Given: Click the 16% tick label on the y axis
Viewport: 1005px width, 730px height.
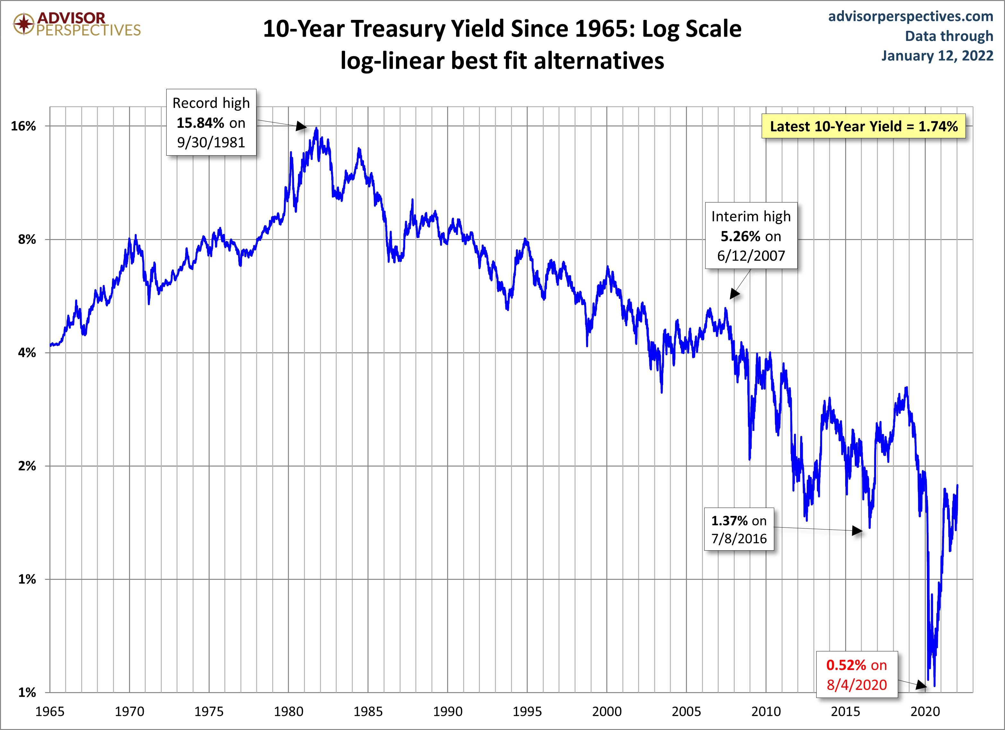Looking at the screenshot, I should [23, 126].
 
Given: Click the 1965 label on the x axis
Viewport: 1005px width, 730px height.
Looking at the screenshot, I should [50, 712].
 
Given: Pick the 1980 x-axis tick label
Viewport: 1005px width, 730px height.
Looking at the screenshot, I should [289, 712].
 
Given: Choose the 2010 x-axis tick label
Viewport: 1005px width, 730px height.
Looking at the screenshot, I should [766, 712].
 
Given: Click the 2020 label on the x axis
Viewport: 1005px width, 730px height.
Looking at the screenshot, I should [925, 712].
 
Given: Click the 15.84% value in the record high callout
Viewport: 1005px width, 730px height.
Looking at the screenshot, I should [200, 123].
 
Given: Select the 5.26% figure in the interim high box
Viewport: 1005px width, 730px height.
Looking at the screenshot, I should [740, 236].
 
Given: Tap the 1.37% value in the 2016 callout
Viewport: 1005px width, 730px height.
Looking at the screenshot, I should [729, 520].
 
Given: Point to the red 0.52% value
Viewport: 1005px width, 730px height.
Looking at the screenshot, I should [846, 665].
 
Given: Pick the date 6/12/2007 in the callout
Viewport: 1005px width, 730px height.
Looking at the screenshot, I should [751, 256].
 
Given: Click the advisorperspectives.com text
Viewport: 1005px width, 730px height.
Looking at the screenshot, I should [911, 16].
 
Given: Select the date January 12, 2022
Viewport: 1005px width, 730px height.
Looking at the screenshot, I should [937, 56].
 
